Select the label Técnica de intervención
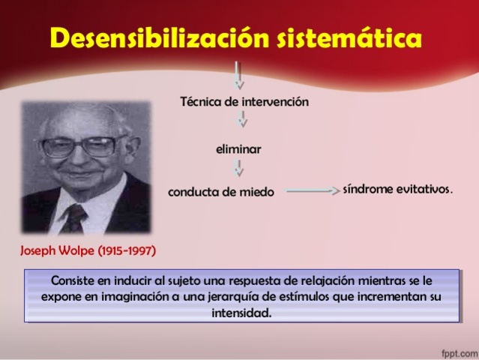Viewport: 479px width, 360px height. point(244,102)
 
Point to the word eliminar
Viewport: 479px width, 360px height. point(238,149)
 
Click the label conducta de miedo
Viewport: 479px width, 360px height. point(221,192)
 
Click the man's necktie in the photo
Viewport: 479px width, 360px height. point(75,217)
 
